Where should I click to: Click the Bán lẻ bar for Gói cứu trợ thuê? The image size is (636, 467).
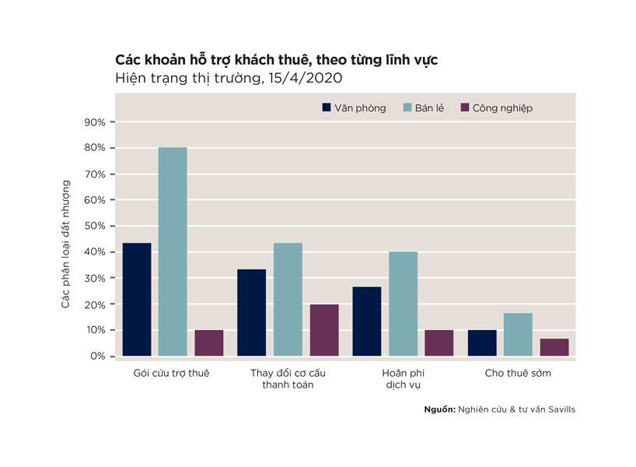(173, 251)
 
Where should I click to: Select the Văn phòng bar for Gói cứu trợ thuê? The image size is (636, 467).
(137, 300)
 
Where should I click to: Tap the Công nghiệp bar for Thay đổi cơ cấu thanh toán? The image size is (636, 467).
(324, 330)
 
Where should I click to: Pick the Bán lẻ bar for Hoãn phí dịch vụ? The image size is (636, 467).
(404, 304)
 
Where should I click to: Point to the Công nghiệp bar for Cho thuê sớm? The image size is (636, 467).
(554, 347)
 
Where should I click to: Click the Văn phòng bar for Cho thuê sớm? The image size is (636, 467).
(482, 343)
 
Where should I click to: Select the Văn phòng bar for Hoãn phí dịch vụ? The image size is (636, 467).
(367, 321)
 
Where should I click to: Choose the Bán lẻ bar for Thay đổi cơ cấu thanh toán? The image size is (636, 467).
(288, 300)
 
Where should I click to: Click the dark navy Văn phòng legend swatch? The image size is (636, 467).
(327, 107)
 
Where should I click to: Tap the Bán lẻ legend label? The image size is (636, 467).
(429, 108)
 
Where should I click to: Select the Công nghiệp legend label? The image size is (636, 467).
(502, 108)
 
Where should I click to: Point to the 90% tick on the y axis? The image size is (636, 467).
(113, 122)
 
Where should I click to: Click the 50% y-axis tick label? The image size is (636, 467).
(95, 226)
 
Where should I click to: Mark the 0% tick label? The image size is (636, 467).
(97, 356)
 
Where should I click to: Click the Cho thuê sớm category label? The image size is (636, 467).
(518, 373)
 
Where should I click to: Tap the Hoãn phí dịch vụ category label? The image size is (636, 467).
(404, 379)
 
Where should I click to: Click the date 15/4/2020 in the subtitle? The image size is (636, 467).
(305, 78)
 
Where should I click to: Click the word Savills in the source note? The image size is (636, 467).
(562, 409)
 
